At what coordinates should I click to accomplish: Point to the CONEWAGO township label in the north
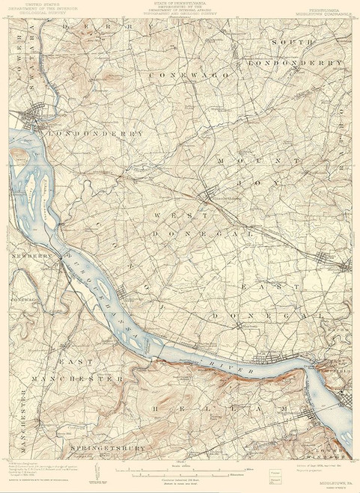pos(182,75)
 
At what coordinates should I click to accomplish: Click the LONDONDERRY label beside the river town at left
pos(95,133)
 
